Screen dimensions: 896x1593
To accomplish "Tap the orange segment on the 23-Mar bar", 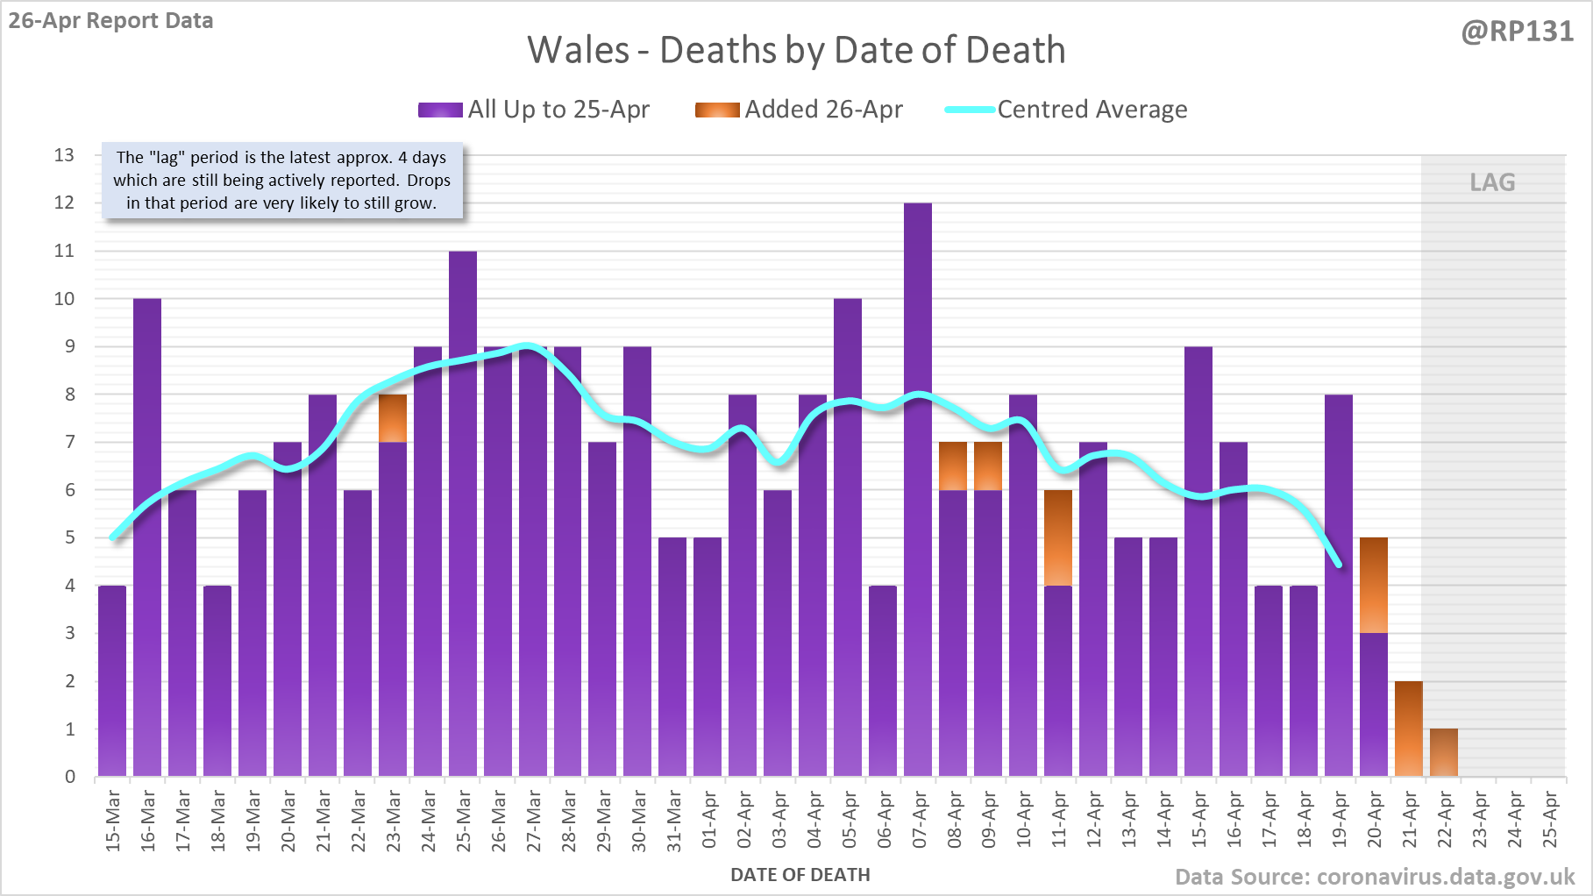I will tap(393, 418).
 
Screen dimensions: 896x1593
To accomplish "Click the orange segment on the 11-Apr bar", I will tap(1058, 537).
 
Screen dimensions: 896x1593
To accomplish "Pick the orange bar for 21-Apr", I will tap(1409, 729).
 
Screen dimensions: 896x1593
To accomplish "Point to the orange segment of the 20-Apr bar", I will tap(1374, 585).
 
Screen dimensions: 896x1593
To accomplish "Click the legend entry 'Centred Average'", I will tap(1092, 110).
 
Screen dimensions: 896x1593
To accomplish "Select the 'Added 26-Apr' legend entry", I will tap(823, 110).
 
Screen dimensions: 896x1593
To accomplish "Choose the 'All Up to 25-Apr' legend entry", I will tap(558, 110).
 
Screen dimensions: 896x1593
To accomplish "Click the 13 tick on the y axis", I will tap(64, 155).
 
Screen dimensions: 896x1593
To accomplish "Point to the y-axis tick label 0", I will tap(70, 777).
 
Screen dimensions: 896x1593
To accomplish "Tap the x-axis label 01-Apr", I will tap(708, 820).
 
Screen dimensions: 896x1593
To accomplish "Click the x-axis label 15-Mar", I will tap(113, 820).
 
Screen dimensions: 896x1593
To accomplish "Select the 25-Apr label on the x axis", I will tap(1549, 820).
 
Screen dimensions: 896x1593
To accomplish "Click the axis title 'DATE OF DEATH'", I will tap(800, 875).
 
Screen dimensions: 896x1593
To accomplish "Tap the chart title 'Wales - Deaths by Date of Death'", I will tap(796, 50).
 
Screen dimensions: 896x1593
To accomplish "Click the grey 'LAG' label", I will tap(1492, 182).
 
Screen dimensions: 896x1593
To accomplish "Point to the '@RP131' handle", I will tap(1517, 32).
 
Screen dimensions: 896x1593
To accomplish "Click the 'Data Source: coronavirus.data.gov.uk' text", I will tap(1375, 877).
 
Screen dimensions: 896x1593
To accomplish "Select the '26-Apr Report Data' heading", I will tap(111, 20).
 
